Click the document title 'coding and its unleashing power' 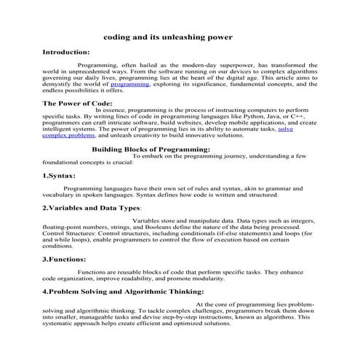(x=168, y=36)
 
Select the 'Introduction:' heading (x=66, y=52)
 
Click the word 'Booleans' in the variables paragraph (x=169, y=226)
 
